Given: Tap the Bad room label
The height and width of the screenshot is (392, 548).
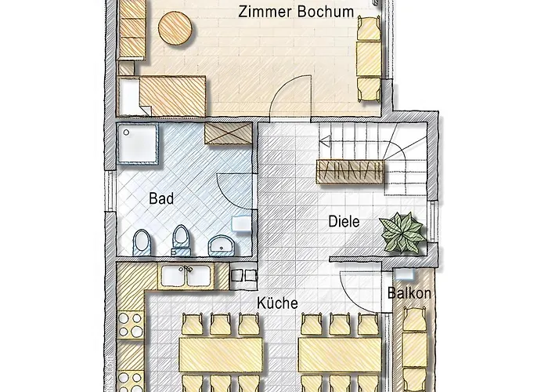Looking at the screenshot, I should pyautogui.click(x=161, y=198).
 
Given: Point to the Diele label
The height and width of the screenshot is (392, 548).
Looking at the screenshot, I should pyautogui.click(x=343, y=222).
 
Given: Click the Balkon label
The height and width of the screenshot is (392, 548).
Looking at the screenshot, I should pyautogui.click(x=409, y=294).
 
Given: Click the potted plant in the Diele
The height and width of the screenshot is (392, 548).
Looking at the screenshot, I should pyautogui.click(x=400, y=230).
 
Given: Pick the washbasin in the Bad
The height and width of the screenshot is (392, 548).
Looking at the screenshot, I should pyautogui.click(x=222, y=245).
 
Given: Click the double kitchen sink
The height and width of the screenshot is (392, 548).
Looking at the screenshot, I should pyautogui.click(x=185, y=276).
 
